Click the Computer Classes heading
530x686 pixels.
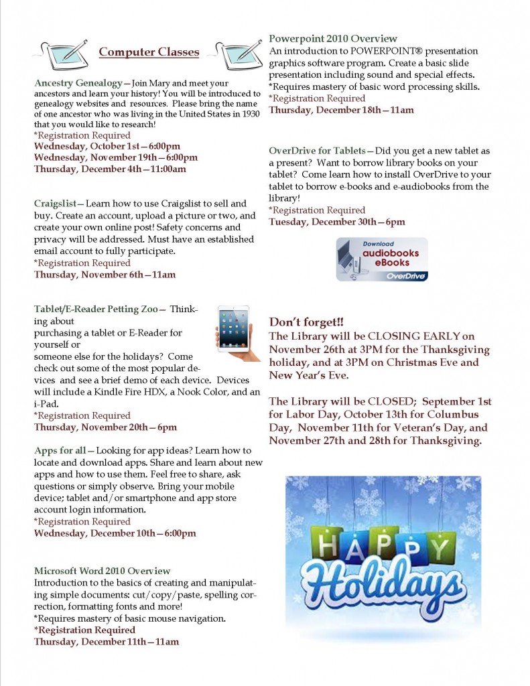[x=149, y=52]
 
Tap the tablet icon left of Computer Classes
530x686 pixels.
[x=64, y=52]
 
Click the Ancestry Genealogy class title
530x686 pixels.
[x=78, y=83]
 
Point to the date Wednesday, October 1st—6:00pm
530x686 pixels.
[x=107, y=146]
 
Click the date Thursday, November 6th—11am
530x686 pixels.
[x=105, y=275]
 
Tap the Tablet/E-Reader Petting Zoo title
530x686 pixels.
[x=96, y=309]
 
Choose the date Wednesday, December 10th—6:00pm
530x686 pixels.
[x=115, y=533]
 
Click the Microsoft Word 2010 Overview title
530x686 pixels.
[x=103, y=571]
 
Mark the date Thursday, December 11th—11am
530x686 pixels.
[x=107, y=642]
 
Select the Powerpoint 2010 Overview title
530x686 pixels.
[x=333, y=39]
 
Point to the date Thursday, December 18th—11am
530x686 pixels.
[x=341, y=110]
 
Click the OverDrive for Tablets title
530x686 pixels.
[x=317, y=150]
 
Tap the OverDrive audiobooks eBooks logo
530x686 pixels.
[x=382, y=259]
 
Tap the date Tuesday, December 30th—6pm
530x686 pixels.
[x=337, y=222]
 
